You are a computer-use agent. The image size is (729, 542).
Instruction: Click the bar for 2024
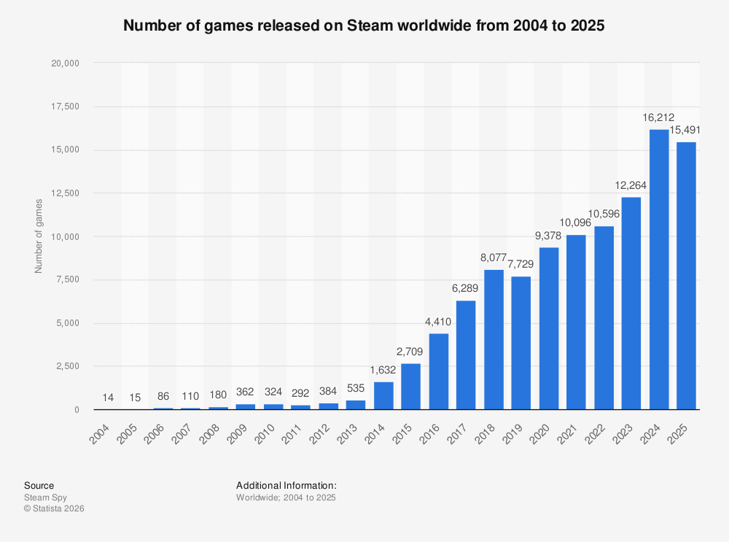click(x=659, y=270)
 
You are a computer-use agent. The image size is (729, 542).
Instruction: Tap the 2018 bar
click(x=494, y=340)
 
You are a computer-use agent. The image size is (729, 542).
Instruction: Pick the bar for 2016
click(x=439, y=371)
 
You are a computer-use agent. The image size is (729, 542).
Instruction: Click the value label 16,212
click(x=659, y=117)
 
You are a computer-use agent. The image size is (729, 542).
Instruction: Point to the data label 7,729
click(x=521, y=264)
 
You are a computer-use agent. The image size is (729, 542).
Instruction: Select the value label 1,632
click(x=383, y=370)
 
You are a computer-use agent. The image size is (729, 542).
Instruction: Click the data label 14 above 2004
click(x=108, y=398)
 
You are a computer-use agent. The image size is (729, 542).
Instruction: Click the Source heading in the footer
click(x=39, y=485)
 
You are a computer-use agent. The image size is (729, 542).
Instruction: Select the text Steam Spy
click(x=45, y=498)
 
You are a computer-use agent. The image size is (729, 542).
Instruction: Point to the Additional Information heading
click(x=286, y=485)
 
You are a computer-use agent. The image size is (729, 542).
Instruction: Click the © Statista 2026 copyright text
click(x=54, y=508)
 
